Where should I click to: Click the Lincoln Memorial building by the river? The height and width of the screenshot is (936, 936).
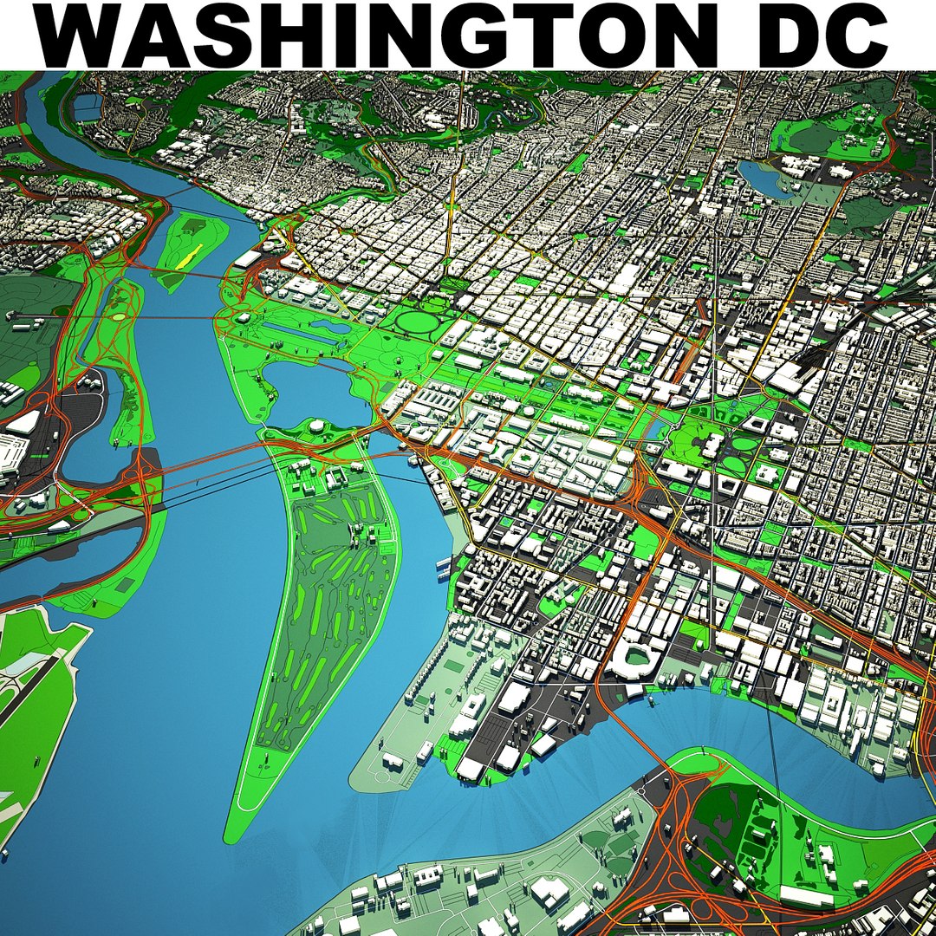pos(242,320)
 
